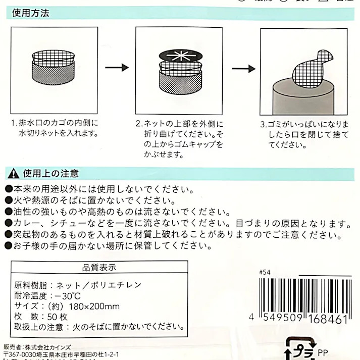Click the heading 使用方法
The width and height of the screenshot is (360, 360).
point(30,14)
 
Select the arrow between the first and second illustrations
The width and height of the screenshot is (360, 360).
point(116,68)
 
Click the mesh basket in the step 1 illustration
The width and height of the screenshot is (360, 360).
point(54,73)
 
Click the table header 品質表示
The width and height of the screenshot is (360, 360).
point(98,268)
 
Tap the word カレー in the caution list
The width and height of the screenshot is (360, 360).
point(25,223)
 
